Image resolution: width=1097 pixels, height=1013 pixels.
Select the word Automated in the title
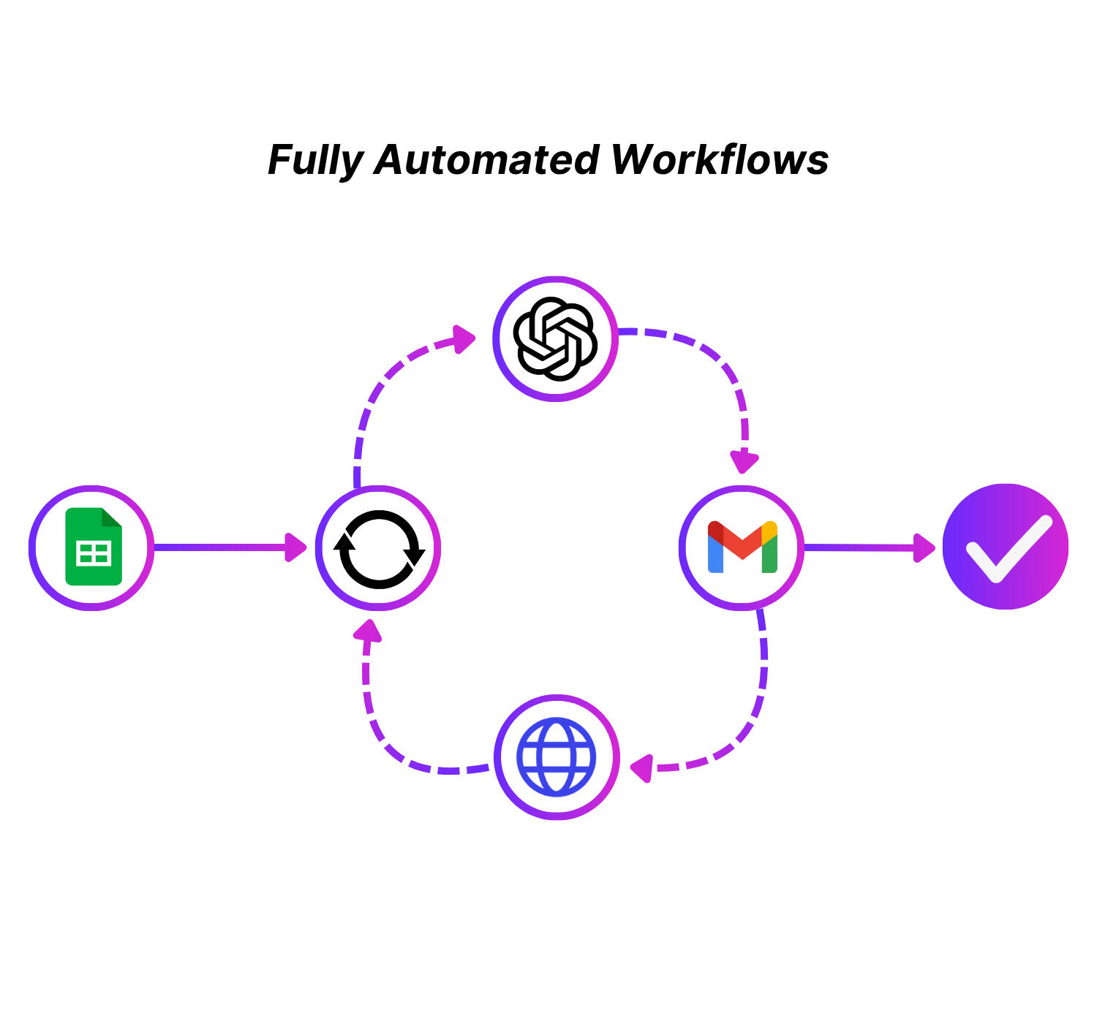tap(487, 160)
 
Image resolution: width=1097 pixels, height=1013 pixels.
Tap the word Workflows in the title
tap(720, 160)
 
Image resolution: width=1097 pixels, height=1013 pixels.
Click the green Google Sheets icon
tap(94, 547)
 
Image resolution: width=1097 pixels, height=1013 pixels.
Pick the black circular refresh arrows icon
tap(379, 548)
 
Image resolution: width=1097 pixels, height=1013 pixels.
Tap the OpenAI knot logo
tap(555, 338)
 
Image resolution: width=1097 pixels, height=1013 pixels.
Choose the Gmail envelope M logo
tap(742, 547)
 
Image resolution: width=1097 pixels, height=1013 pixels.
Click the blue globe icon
tap(556, 756)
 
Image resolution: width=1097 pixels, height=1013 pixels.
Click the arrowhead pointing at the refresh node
tap(295, 547)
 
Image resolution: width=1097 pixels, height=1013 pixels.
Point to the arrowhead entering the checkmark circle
tap(924, 547)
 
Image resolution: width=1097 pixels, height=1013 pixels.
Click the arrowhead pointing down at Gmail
tap(744, 462)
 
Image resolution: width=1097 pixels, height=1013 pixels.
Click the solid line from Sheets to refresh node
tap(219, 547)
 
